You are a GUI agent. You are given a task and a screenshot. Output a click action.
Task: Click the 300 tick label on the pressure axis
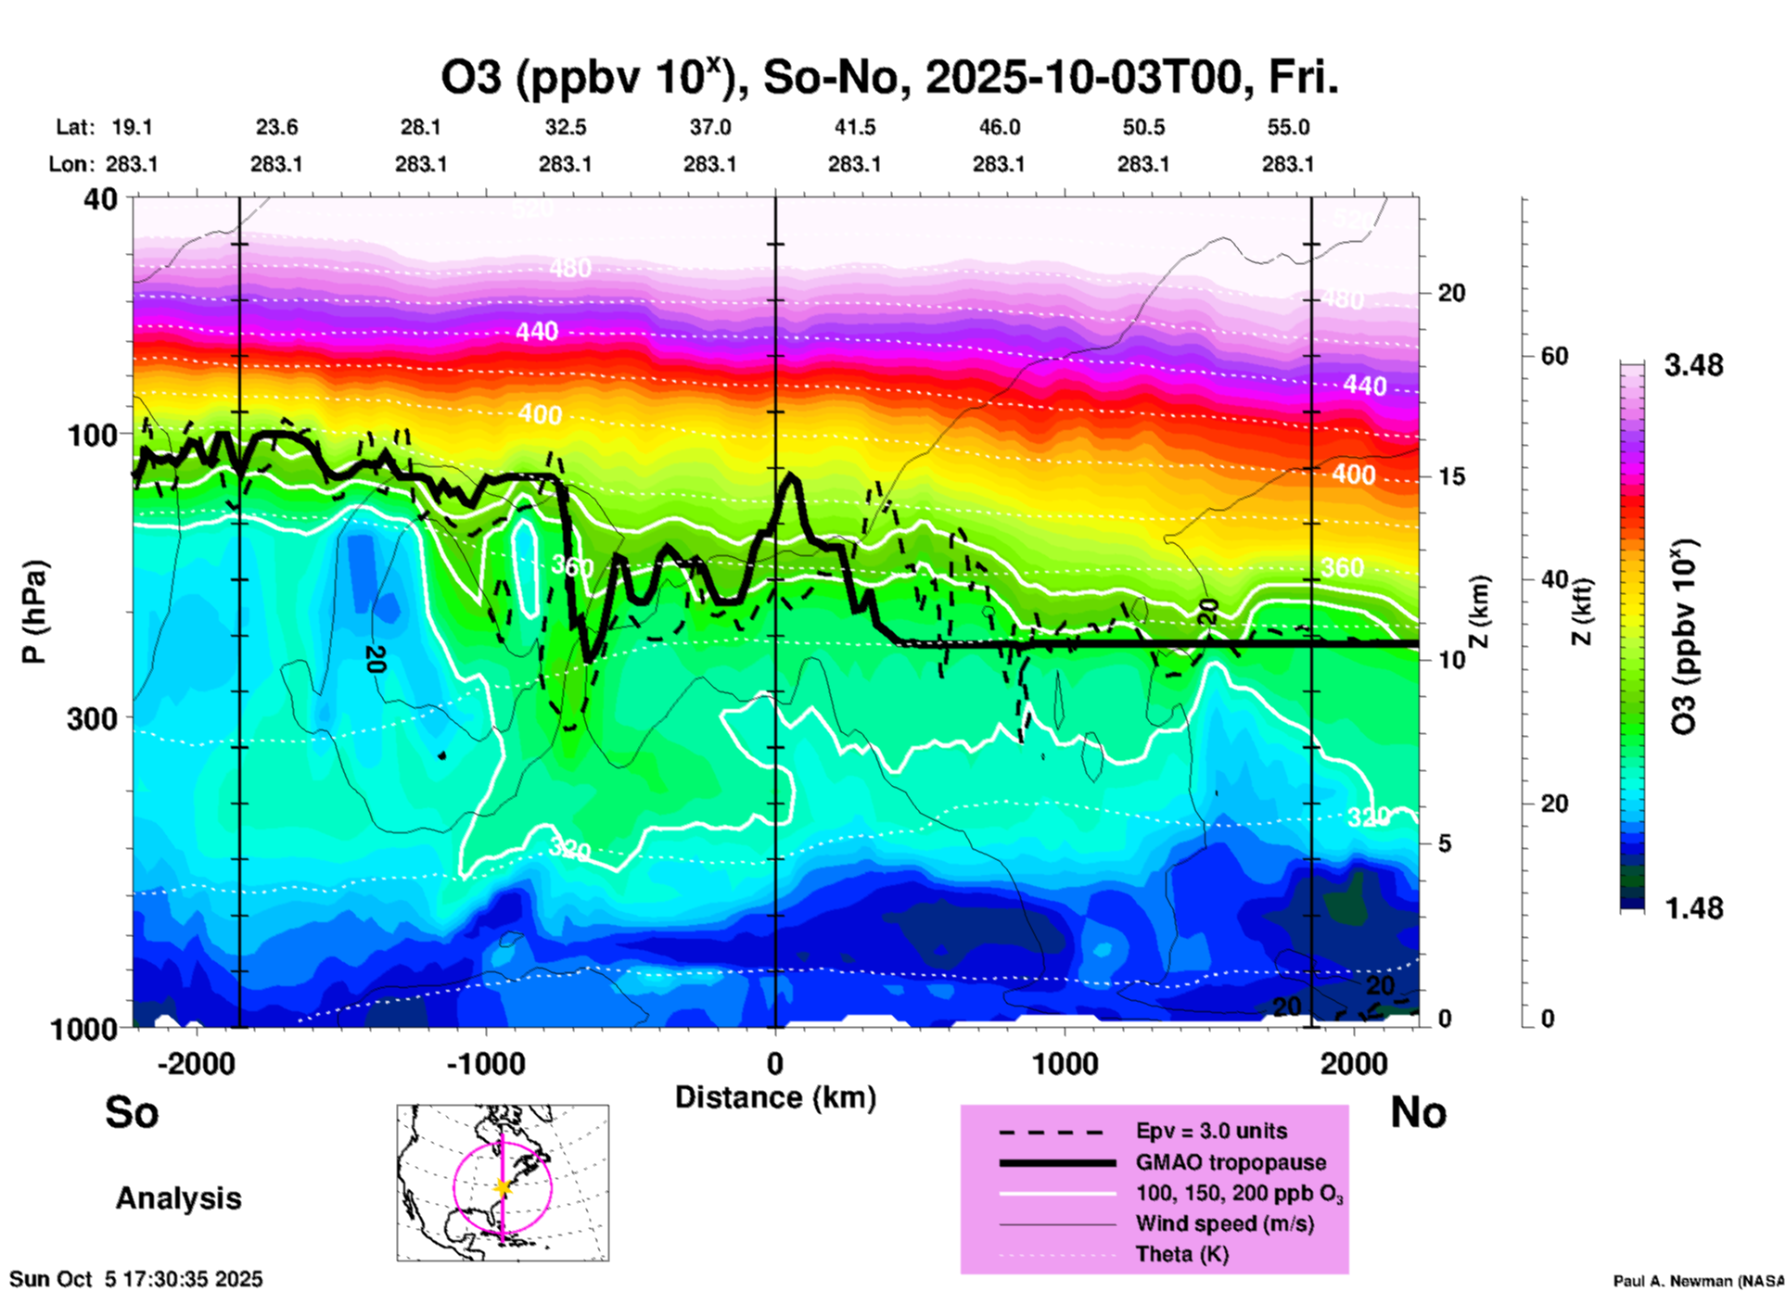pos(93,718)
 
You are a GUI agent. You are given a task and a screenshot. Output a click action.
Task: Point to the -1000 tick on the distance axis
pos(486,1063)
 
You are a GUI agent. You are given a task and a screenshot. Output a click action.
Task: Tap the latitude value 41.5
pos(854,127)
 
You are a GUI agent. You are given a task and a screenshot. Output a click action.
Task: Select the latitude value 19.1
pos(132,127)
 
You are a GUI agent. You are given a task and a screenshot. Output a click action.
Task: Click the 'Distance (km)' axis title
pos(775,1097)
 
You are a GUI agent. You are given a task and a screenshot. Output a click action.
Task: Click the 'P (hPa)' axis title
pos(34,612)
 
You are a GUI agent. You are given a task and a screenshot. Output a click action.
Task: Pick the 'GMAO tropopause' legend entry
pos(1230,1162)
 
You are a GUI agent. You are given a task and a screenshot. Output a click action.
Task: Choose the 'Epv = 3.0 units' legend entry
pos(1211,1131)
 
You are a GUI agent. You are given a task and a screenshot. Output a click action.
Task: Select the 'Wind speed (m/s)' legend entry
pos(1224,1223)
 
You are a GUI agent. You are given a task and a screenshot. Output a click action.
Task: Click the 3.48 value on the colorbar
pos(1693,365)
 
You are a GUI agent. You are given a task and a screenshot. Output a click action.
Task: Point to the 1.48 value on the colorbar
pos(1693,907)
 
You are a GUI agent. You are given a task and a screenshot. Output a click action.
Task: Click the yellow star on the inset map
pos(503,1187)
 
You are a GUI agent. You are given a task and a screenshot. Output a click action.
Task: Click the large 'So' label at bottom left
pos(132,1111)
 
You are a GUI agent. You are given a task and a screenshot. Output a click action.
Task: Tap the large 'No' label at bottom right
pos(1418,1111)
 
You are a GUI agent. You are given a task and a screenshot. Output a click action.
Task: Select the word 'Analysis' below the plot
pos(178,1198)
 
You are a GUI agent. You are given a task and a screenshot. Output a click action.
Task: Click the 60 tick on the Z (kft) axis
pos(1554,356)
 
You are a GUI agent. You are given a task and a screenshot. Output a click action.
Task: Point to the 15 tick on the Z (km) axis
pos(1451,476)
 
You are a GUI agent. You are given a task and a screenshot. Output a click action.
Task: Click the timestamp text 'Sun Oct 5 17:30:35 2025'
pos(136,1279)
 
